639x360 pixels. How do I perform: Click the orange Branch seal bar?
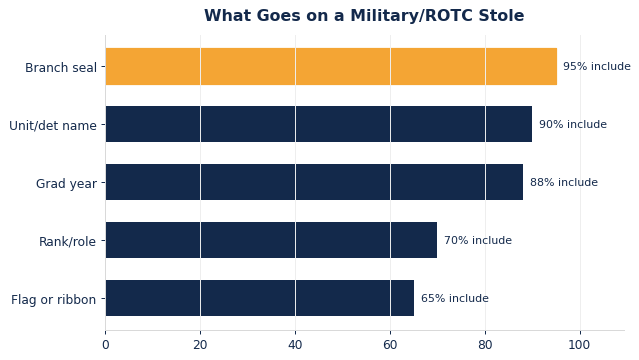pyautogui.click(x=331, y=66)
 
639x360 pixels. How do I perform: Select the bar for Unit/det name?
pyautogui.click(x=319, y=124)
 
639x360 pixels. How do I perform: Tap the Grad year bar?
pyautogui.click(x=314, y=182)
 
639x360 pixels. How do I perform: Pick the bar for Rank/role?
pyautogui.click(x=271, y=240)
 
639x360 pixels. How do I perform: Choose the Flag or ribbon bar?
pyautogui.click(x=260, y=298)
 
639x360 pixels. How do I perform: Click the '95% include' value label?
pyautogui.click(x=597, y=66)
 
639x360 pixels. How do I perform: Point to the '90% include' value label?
pyautogui.click(x=573, y=124)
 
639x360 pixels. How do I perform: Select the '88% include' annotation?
pyautogui.click(x=564, y=182)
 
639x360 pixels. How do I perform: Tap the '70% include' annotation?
pyautogui.click(x=478, y=240)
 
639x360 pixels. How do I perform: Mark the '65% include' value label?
pyautogui.click(x=455, y=298)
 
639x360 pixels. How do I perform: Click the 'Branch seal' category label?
pyautogui.click(x=61, y=68)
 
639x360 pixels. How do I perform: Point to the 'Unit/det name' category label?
pyautogui.click(x=53, y=126)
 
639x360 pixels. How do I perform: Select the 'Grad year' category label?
pyautogui.click(x=66, y=184)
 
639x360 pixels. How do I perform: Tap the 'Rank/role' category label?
pyautogui.click(x=68, y=242)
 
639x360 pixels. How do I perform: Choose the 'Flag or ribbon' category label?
pyautogui.click(x=54, y=300)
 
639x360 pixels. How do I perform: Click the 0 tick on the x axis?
pyautogui.click(x=106, y=345)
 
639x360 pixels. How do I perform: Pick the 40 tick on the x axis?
pyautogui.click(x=295, y=345)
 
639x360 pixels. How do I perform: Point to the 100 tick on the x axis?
pyautogui.click(x=579, y=345)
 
